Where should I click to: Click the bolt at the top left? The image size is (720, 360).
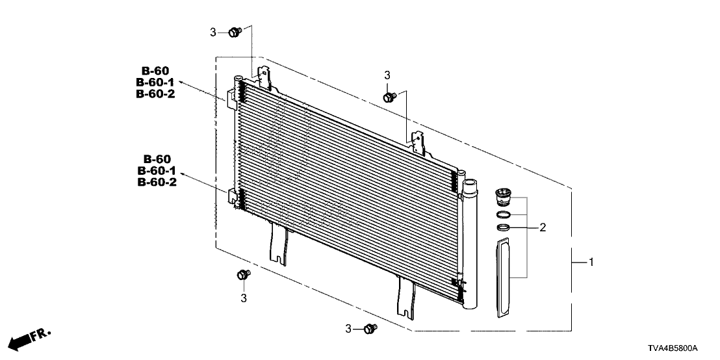235,32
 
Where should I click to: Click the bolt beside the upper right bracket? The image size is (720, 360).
389,97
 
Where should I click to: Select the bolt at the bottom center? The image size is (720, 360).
370,328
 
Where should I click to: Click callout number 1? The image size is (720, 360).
591,262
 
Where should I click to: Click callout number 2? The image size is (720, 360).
543,227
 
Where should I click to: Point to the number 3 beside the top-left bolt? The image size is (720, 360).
213,32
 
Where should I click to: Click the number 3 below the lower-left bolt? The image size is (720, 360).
244,298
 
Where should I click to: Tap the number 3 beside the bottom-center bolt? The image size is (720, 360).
348,329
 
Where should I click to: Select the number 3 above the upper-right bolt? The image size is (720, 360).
387,75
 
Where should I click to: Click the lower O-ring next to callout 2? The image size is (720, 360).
504,227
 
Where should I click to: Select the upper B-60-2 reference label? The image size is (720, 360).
155,94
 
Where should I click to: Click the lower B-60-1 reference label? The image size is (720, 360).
157,171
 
